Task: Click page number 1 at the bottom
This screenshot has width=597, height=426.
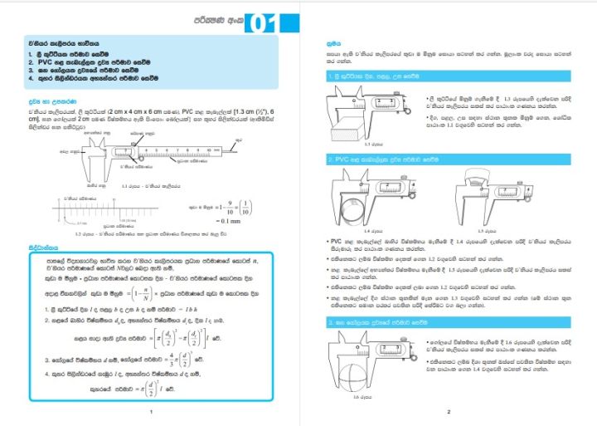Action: [x=149, y=411]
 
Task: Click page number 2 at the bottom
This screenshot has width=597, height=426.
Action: [x=448, y=411]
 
